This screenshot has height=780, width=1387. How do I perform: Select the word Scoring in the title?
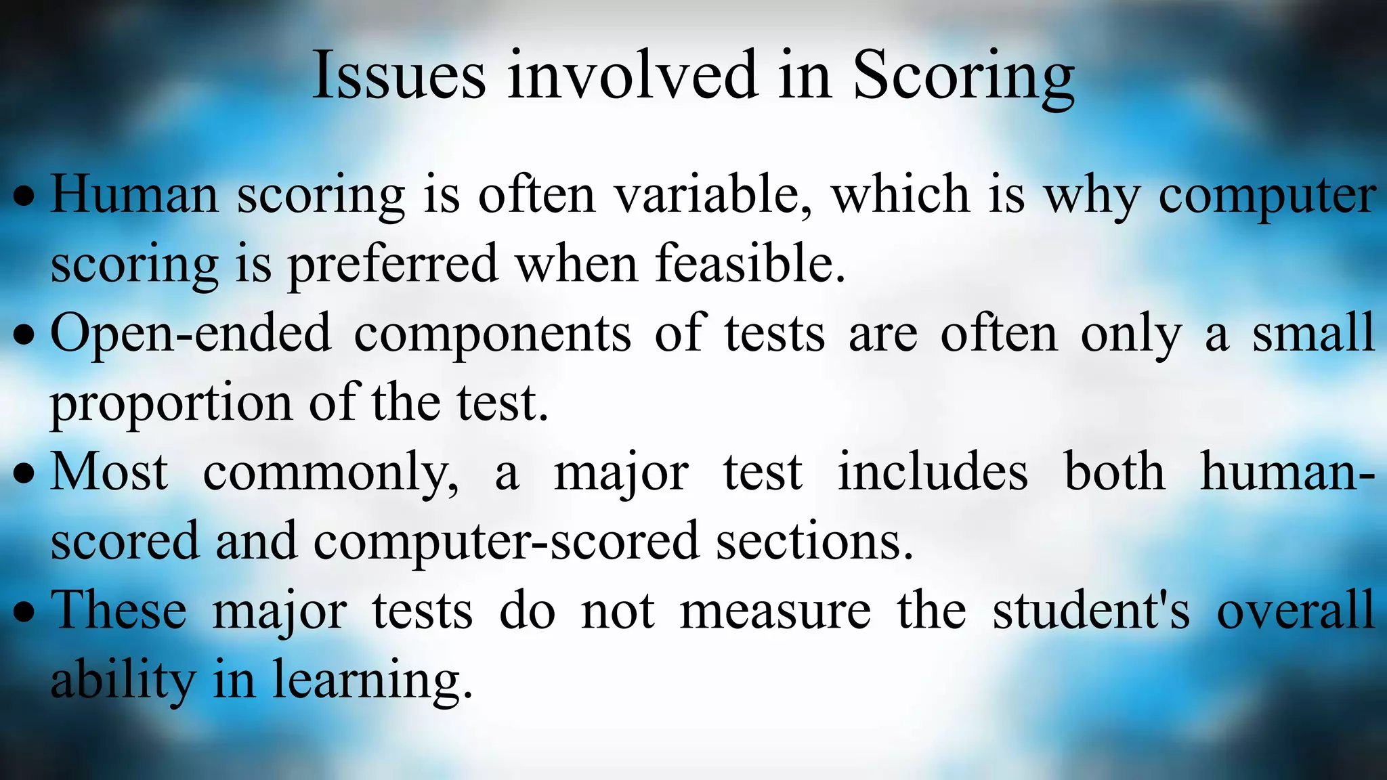coord(963,76)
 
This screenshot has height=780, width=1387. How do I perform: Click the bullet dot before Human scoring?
coord(24,197)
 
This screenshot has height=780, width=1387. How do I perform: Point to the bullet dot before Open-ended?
coord(24,336)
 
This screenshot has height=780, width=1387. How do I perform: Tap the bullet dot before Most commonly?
coord(24,475)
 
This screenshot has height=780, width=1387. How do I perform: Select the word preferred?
coord(393,265)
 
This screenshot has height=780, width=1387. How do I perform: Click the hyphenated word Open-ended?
coord(191,334)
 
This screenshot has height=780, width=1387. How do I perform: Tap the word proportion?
coord(171,405)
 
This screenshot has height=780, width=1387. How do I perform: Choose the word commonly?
coord(330,474)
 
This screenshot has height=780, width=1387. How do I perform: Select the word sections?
coord(814,542)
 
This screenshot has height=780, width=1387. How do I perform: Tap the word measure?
coord(775,612)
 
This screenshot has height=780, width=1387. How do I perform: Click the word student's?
coord(1090,611)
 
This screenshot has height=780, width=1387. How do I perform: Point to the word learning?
coord(372,682)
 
